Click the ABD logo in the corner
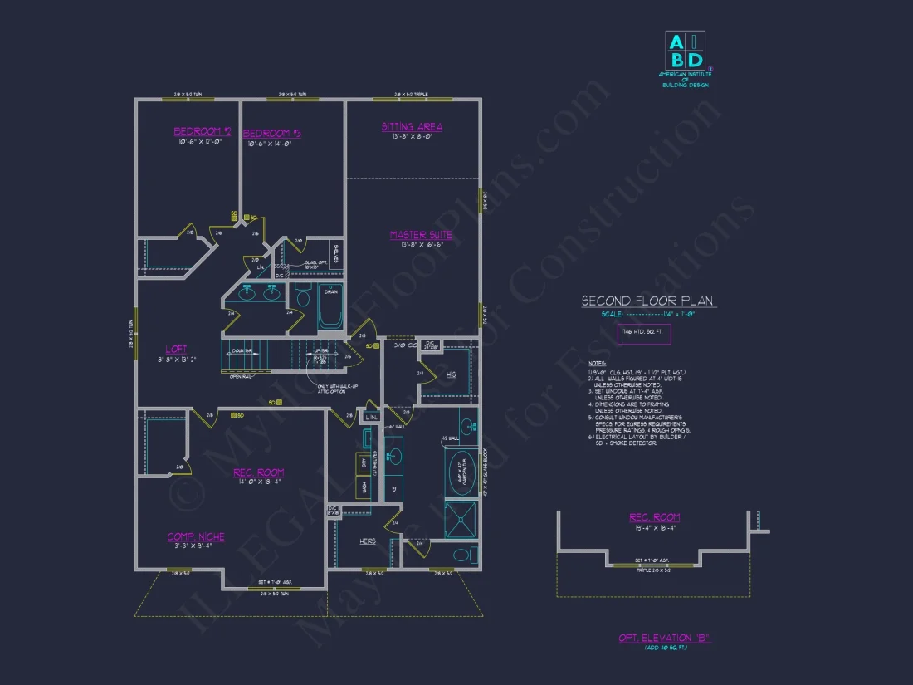(x=686, y=50)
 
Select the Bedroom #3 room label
(x=271, y=133)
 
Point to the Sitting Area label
(x=412, y=127)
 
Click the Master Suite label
(x=421, y=235)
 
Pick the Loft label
(x=175, y=350)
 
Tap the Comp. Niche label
(x=196, y=536)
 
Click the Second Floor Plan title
(x=647, y=301)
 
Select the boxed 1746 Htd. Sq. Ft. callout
(x=643, y=334)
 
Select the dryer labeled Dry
(x=362, y=463)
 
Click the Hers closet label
(x=368, y=541)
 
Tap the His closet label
(x=451, y=374)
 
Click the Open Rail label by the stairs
(x=241, y=377)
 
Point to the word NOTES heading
(x=597, y=363)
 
